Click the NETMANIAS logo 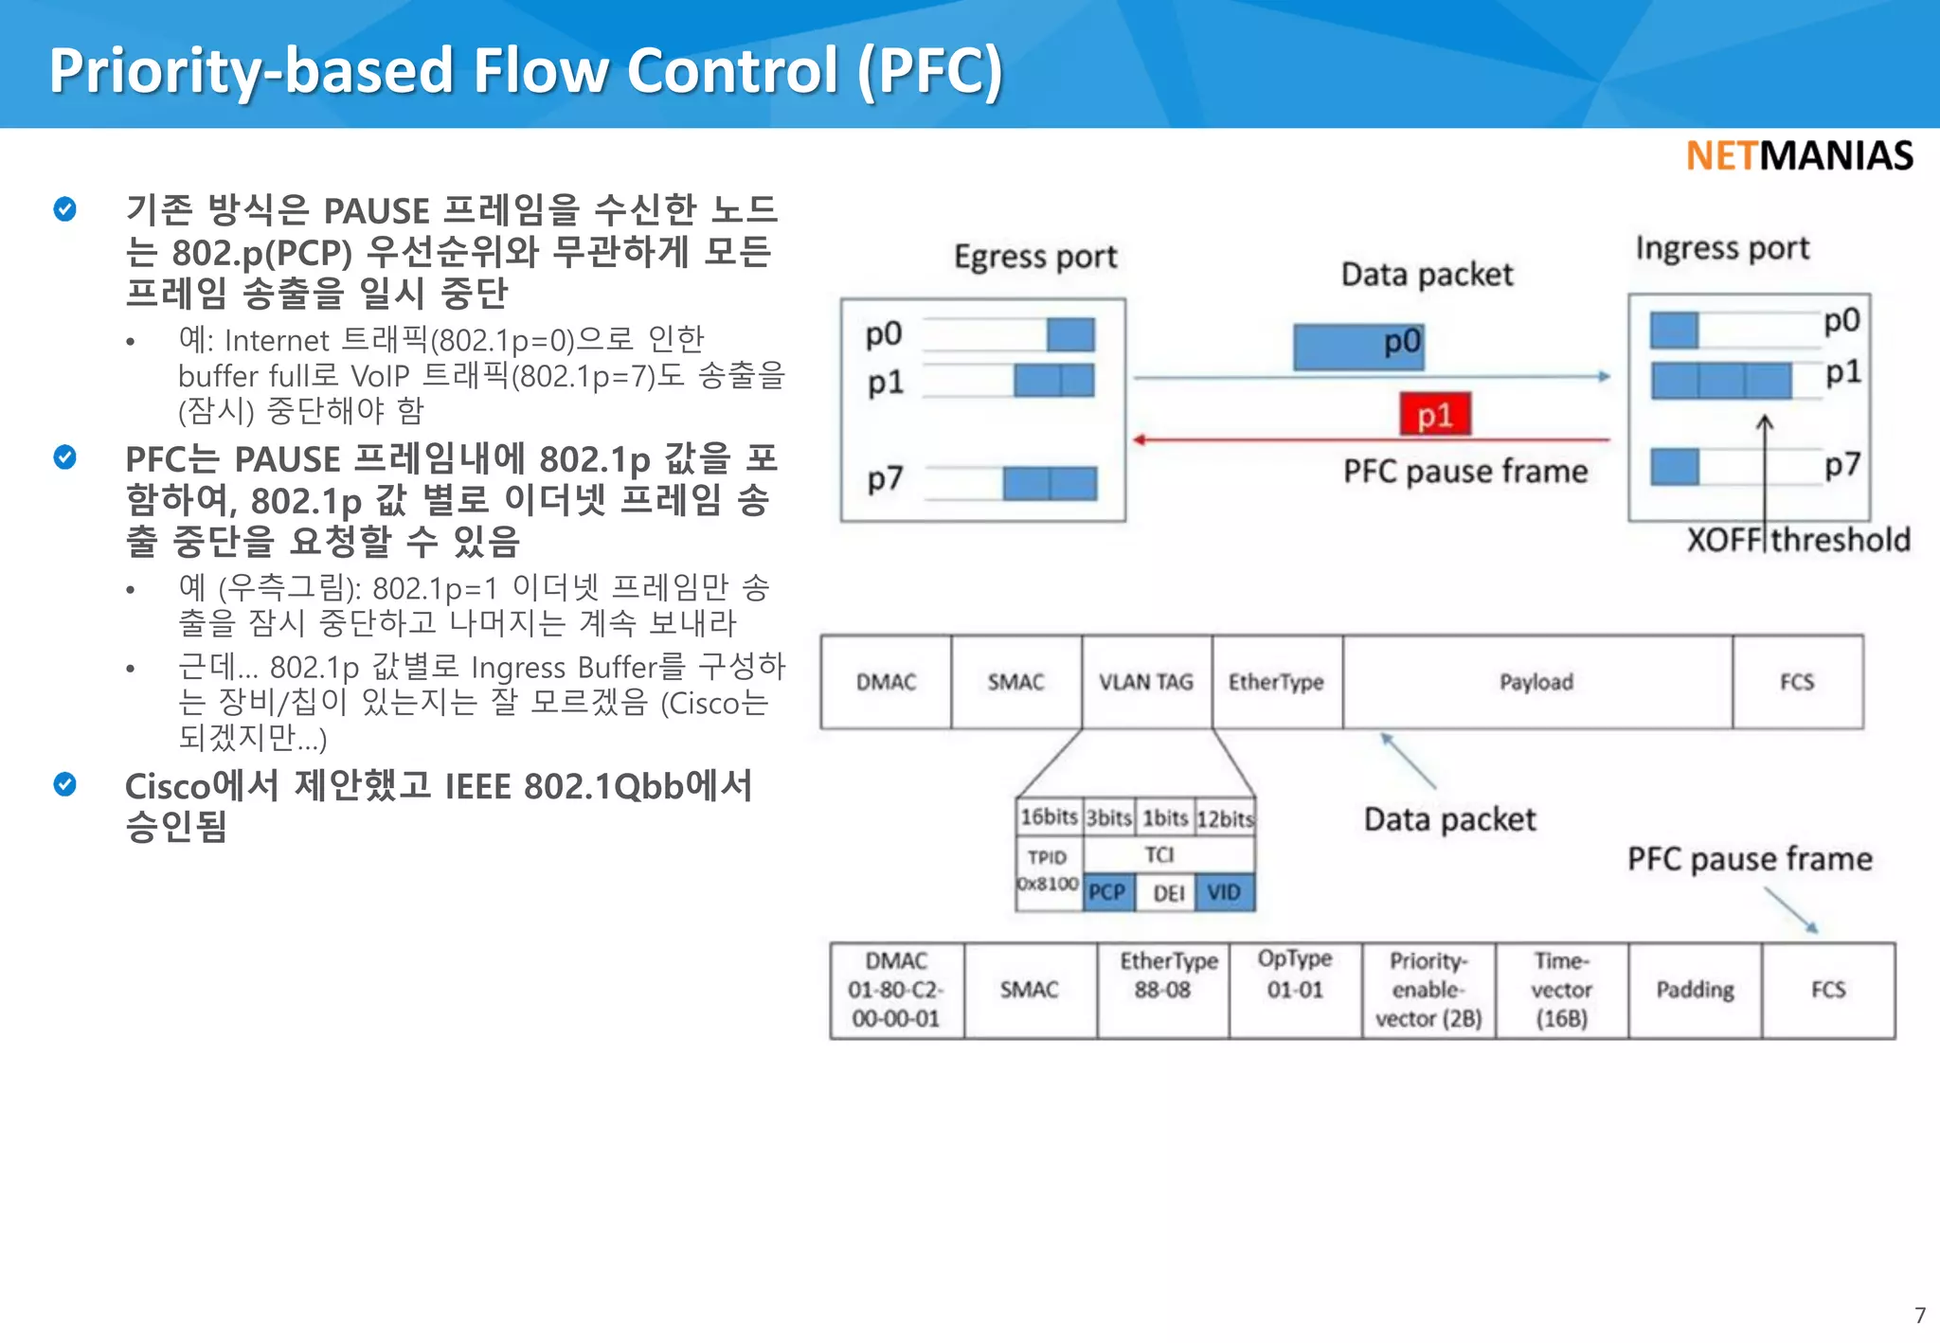click(x=1799, y=156)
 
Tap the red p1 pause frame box click(x=1435, y=415)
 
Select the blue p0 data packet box click(x=1358, y=347)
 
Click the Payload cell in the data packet click(x=1536, y=682)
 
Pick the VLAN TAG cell click(x=1146, y=682)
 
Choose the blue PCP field click(x=1107, y=892)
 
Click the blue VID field click(x=1224, y=892)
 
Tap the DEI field click(x=1168, y=893)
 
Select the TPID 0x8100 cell click(x=1048, y=870)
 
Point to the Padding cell click(x=1695, y=990)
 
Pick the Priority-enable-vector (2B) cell click(x=1428, y=990)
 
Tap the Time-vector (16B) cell click(x=1561, y=990)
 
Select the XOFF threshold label click(x=1798, y=540)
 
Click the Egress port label click(x=1035, y=258)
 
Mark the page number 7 click(x=1919, y=1316)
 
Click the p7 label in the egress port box click(x=885, y=480)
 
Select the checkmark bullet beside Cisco click(x=65, y=784)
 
